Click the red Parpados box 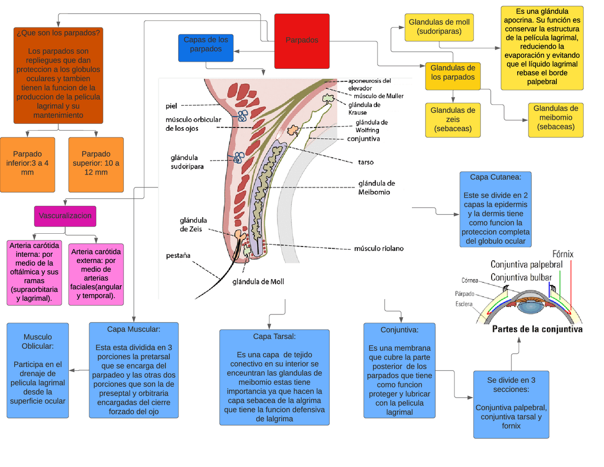coord(302,41)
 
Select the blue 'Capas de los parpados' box coord(206,48)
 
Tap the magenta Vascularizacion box coord(65,216)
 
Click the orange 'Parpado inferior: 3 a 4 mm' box coord(27,164)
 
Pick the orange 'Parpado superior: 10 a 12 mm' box coord(96,164)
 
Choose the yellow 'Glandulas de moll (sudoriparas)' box coord(439,27)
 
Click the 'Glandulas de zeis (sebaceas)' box coord(453,120)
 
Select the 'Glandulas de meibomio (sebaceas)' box coord(555,120)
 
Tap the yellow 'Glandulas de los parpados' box coord(453,76)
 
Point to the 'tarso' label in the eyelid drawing coord(366,162)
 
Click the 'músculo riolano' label coord(378,248)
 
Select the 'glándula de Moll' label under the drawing coord(258,282)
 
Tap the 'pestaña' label coord(178,255)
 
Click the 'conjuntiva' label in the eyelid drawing coord(363,139)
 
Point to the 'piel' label coord(171,106)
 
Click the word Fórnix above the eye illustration coord(562,254)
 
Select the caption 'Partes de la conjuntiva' coord(537,329)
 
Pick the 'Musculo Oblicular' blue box coord(38,370)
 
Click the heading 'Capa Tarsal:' coord(274,337)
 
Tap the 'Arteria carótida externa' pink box coord(96,274)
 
